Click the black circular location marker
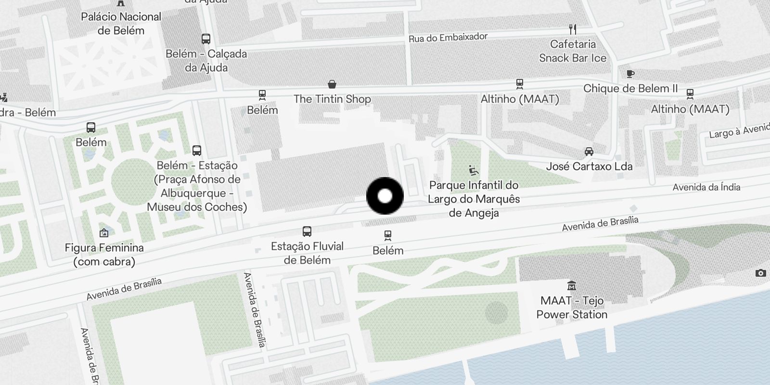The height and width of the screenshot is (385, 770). [x=385, y=196]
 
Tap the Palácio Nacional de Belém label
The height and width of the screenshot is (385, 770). [x=121, y=24]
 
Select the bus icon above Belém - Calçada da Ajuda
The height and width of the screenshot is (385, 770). [x=206, y=39]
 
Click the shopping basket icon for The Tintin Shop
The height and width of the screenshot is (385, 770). [x=332, y=85]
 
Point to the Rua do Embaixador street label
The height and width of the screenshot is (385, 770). [x=448, y=38]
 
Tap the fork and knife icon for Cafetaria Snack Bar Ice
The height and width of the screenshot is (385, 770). [x=573, y=29]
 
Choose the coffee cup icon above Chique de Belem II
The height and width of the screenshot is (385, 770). [x=630, y=74]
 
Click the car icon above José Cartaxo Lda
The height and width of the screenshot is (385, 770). [x=589, y=152]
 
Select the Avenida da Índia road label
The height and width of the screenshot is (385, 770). [x=706, y=187]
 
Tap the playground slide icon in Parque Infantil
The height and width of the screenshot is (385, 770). [x=474, y=170]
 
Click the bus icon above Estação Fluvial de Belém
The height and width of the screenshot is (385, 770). [x=307, y=231]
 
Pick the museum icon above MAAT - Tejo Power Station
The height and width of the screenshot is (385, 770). [x=572, y=286]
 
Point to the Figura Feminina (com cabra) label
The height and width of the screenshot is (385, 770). [x=104, y=255]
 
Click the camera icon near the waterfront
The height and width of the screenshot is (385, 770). [x=760, y=273]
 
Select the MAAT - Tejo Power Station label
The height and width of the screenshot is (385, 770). [x=572, y=308]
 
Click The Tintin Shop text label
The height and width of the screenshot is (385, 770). [x=332, y=99]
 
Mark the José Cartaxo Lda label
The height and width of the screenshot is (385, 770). [x=589, y=167]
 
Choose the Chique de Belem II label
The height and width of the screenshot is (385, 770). [x=630, y=89]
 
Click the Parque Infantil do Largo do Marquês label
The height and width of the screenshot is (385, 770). [x=474, y=192]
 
